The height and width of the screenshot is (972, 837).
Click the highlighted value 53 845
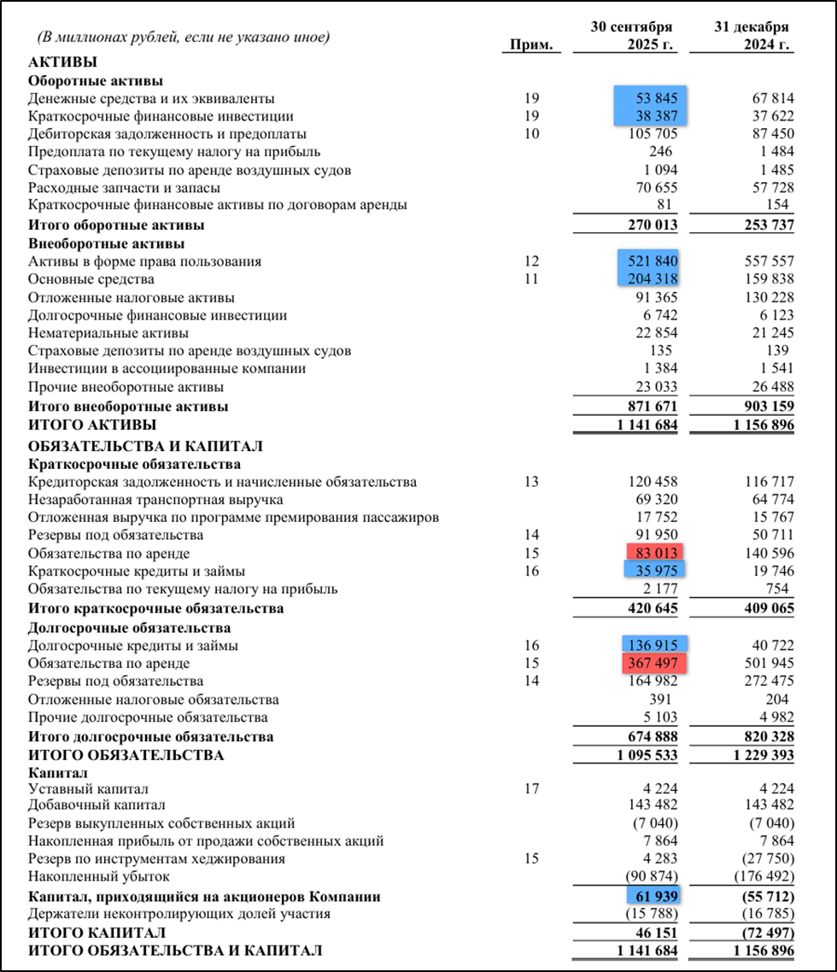(x=652, y=98)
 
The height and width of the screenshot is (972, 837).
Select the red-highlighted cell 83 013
(x=655, y=553)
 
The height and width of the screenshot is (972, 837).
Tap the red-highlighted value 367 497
(x=655, y=663)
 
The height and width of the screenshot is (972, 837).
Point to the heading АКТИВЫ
(x=62, y=61)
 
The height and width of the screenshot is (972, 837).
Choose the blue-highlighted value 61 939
(x=655, y=897)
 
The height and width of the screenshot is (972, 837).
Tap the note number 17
(x=532, y=788)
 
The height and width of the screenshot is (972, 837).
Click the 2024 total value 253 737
(x=760, y=225)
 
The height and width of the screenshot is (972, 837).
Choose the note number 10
(x=532, y=134)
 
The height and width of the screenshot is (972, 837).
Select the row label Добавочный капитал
(x=97, y=805)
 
